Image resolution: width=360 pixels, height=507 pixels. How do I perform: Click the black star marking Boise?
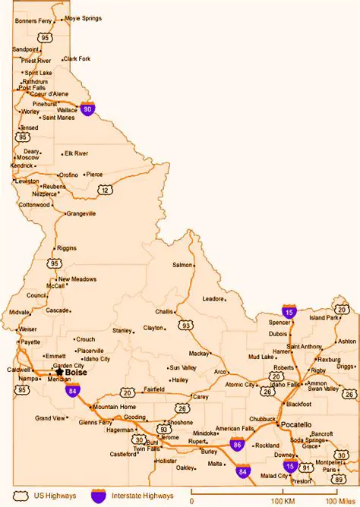[59, 372]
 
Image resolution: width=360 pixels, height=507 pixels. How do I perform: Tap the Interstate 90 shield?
[89, 109]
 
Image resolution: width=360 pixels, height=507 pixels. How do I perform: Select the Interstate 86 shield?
[237, 444]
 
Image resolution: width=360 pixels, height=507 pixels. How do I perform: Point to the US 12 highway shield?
[106, 189]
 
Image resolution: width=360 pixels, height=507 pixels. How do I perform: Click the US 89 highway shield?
[339, 480]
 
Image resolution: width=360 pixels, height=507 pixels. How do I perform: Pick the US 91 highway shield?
[307, 468]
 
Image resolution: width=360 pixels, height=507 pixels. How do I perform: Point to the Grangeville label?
[81, 214]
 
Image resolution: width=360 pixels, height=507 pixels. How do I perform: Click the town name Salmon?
[182, 265]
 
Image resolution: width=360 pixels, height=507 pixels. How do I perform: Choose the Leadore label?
[213, 298]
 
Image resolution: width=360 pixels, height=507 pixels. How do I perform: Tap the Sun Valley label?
[183, 367]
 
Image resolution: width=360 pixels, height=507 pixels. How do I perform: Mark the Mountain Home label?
[115, 407]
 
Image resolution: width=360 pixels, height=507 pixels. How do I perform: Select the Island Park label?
[324, 317]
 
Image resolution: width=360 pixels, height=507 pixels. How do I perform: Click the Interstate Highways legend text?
[141, 495]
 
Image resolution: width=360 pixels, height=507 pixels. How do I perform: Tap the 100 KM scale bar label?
[283, 501]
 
